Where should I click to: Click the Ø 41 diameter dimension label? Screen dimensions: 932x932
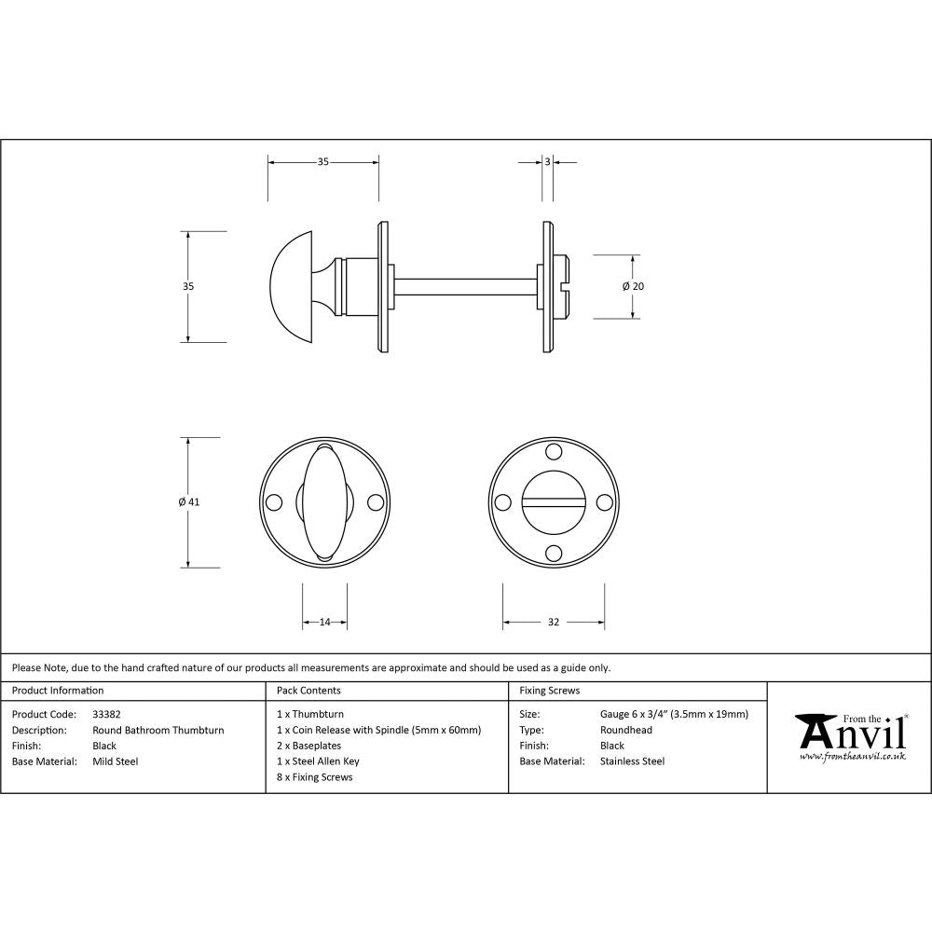pyautogui.click(x=189, y=502)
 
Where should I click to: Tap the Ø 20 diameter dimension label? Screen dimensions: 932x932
pyautogui.click(x=633, y=286)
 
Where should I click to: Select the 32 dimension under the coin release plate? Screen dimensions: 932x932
pyautogui.click(x=554, y=623)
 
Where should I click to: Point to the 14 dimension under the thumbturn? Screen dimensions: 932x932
pyautogui.click(x=325, y=623)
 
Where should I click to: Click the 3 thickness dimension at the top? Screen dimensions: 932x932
pyautogui.click(x=547, y=162)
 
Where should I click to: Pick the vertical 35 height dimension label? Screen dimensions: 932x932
pyautogui.click(x=189, y=286)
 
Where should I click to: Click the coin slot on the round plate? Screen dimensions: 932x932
pyautogui.click(x=554, y=502)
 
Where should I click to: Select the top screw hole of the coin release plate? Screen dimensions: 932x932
pyautogui.click(x=554, y=453)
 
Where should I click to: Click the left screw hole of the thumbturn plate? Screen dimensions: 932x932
pyautogui.click(x=274, y=502)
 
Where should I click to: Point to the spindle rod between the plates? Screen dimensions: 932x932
pyautogui.click(x=466, y=286)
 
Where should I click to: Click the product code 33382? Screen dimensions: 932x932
pyautogui.click(x=106, y=715)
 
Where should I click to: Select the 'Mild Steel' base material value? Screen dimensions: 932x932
pyautogui.click(x=116, y=761)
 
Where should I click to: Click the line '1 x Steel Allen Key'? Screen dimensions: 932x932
pyautogui.click(x=318, y=761)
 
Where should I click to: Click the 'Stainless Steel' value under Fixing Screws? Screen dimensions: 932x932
pyautogui.click(x=633, y=761)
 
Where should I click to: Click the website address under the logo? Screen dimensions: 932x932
pyautogui.click(x=853, y=757)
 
